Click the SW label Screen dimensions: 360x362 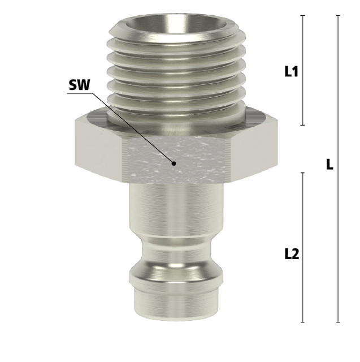pos(79,85)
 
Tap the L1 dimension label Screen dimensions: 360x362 pos(292,71)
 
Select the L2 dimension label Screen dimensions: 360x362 pos(292,254)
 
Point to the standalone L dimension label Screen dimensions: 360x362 pos(330,165)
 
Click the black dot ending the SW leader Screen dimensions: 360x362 pos(174,163)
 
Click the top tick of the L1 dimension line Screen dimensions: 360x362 pos(303,15)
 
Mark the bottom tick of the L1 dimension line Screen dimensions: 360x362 pos(303,125)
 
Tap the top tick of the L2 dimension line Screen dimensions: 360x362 pos(303,173)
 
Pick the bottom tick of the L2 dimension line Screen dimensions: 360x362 pos(303,322)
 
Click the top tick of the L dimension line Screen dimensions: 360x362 pos(338,15)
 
